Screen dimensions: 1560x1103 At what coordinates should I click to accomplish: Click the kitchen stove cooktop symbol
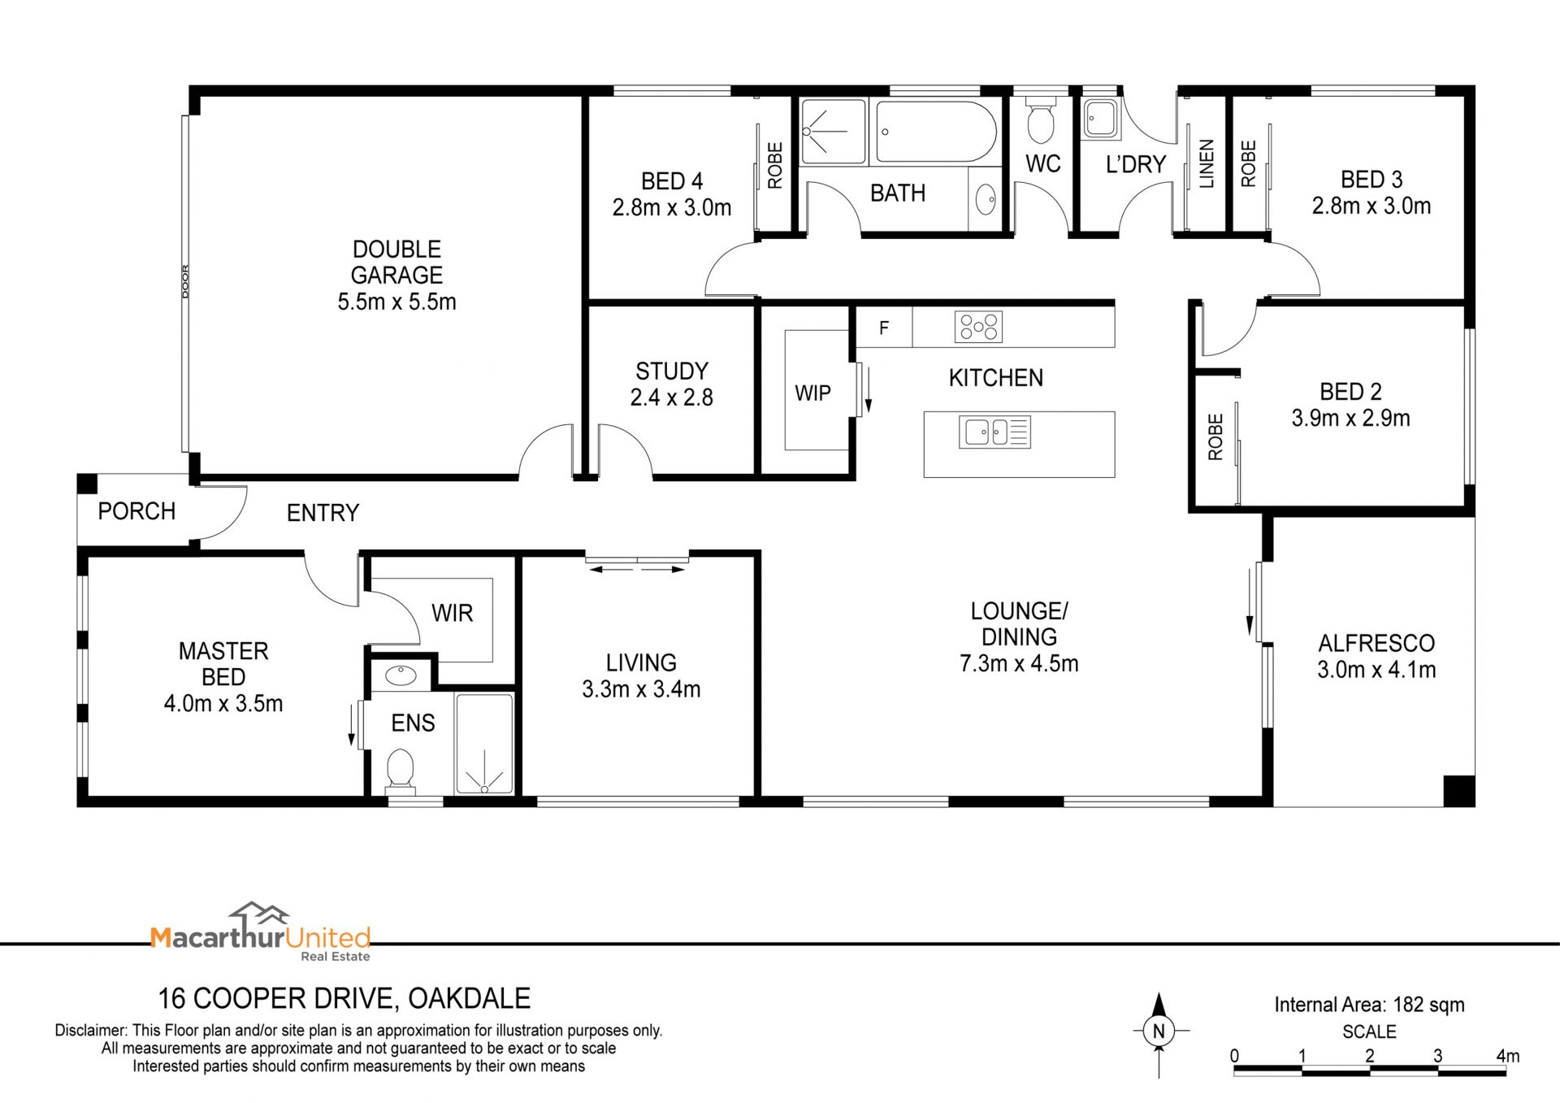(978, 327)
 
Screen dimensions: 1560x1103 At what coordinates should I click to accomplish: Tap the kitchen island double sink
(995, 432)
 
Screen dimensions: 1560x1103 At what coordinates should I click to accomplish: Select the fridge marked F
(884, 328)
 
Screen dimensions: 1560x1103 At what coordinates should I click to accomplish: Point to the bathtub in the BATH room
(936, 132)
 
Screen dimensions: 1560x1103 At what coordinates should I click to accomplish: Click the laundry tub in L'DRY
(1101, 118)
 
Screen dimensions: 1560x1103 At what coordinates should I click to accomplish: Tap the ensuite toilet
(400, 769)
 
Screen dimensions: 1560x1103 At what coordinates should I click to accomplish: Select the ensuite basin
(400, 675)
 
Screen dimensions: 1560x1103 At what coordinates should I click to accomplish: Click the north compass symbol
(1159, 1031)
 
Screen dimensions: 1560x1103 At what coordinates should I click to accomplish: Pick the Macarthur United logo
(261, 931)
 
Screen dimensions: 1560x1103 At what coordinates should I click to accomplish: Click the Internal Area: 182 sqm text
(1369, 1005)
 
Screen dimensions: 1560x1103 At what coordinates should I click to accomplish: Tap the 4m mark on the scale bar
(1507, 1056)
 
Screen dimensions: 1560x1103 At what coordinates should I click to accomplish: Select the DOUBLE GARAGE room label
(396, 262)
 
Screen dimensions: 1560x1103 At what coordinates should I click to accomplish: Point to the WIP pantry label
(812, 393)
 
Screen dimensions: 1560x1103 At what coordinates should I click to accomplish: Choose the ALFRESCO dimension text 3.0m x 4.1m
(1376, 670)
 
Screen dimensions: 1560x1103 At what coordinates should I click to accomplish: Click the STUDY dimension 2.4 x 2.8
(672, 397)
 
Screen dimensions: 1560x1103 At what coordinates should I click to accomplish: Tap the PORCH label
(136, 511)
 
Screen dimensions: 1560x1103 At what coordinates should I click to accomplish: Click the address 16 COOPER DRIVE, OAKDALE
(344, 998)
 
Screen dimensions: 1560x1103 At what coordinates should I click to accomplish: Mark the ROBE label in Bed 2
(1215, 437)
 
